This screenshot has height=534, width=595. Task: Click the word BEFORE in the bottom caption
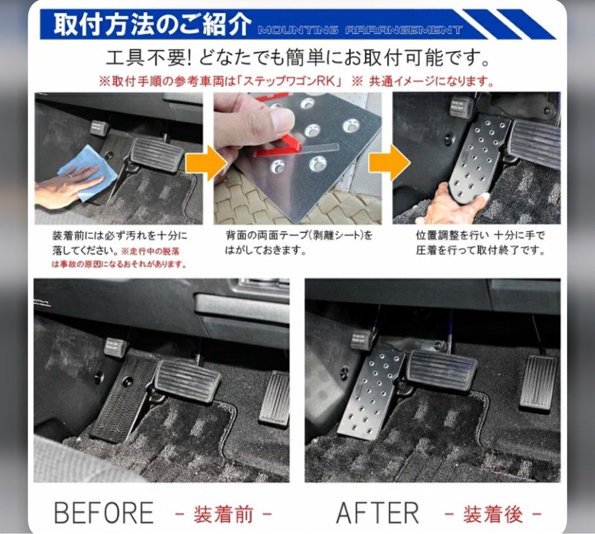pos(104,513)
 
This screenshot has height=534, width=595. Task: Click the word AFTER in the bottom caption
pos(377,513)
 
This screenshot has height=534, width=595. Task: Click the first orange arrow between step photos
pos(205,164)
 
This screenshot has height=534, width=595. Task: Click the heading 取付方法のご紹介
pos(152,25)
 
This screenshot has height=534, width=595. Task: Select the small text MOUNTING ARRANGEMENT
pos(360,30)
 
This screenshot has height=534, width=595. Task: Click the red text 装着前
pos(223,514)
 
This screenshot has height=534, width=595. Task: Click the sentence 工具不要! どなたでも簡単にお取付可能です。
pos(297,57)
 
